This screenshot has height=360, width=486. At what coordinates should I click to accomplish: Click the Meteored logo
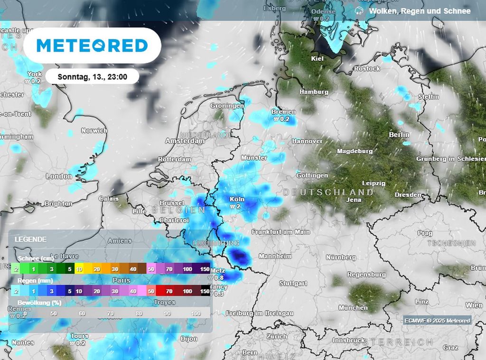coord(92,46)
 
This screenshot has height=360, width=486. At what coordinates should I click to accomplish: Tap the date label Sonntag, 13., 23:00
coord(92,76)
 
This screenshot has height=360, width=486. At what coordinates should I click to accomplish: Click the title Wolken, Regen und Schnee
coord(420,11)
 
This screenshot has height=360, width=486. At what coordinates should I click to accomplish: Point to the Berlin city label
coord(399,135)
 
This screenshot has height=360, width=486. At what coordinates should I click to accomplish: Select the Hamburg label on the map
coord(314,92)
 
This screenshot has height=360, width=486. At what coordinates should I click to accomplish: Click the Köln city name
coord(237,199)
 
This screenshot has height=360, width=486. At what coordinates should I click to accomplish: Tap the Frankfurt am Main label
coord(280,232)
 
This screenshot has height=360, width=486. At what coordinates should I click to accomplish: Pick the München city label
coord(353,308)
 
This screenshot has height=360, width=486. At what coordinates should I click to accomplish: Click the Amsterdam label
coord(185,141)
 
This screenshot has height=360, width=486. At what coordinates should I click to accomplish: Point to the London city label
coord(59,176)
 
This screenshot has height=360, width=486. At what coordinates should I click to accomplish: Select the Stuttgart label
coord(293,284)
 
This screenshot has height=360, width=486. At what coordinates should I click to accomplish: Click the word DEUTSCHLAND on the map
coord(328,192)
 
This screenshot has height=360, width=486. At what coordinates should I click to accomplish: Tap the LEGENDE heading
coord(30,239)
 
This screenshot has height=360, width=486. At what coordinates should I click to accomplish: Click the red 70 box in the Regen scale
coord(168,291)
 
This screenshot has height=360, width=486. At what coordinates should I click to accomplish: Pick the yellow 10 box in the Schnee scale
coord(79,269)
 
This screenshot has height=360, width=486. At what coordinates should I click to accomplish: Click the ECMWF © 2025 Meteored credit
coord(437,321)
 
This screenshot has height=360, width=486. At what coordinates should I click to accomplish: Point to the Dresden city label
coord(408,195)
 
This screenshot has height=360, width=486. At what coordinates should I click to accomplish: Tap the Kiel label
coord(317,59)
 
